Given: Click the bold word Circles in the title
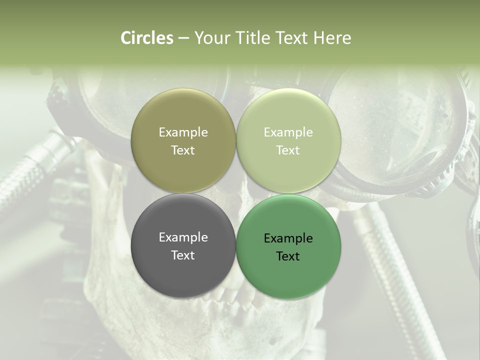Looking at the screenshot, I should (146, 38).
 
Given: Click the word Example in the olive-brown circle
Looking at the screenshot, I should (183, 132).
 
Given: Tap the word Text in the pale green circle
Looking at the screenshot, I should (288, 150).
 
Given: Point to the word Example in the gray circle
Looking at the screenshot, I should (183, 237).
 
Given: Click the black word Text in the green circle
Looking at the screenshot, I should (288, 256).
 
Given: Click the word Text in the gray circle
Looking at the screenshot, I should (183, 255).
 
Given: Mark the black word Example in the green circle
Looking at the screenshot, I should (288, 238).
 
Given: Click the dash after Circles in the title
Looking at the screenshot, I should (183, 38).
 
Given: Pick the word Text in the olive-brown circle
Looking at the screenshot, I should (183, 150).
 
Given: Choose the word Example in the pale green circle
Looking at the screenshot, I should (288, 132).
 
